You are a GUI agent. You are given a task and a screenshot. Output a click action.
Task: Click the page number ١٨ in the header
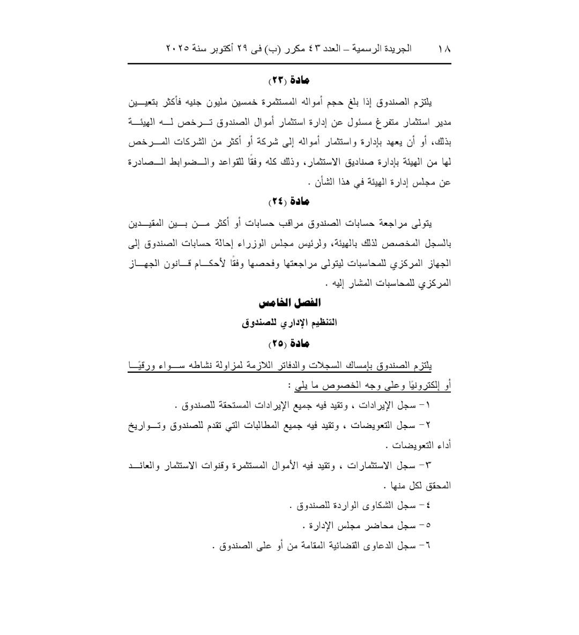(x=444, y=48)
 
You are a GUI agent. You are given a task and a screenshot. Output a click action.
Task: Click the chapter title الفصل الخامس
(x=289, y=303)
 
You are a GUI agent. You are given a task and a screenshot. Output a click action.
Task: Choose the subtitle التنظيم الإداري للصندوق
(x=289, y=323)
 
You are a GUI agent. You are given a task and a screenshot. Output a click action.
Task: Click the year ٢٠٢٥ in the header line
(x=177, y=48)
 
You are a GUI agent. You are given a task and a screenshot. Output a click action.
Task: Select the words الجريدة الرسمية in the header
(x=384, y=48)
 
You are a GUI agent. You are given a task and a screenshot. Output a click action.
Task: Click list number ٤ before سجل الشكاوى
(x=428, y=505)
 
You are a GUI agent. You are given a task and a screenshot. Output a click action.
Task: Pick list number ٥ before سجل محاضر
(x=428, y=526)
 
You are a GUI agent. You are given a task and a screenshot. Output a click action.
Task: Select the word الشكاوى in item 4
(x=373, y=505)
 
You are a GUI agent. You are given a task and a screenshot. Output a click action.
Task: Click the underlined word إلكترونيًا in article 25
(x=422, y=385)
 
